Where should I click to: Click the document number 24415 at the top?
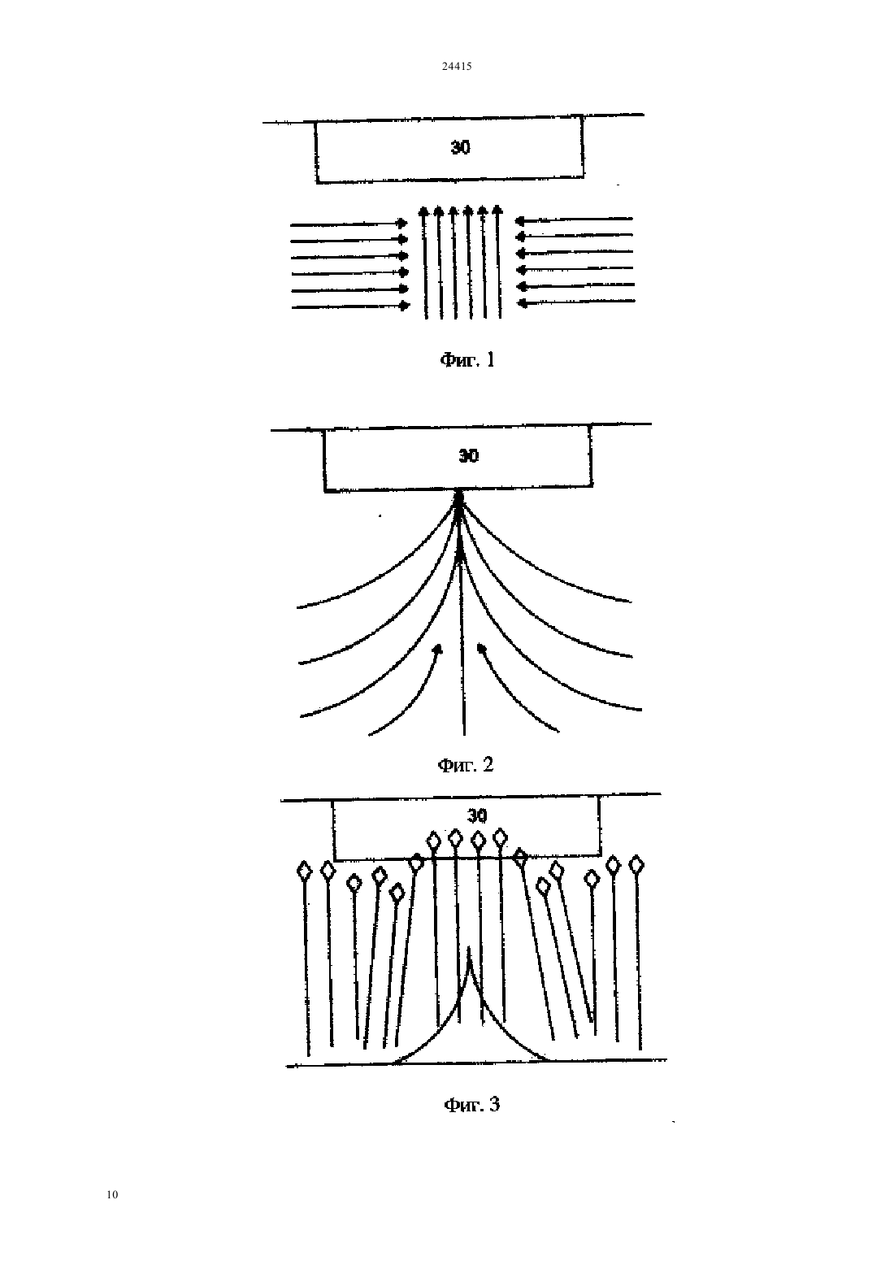click(457, 66)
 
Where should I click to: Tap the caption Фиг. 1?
click(467, 359)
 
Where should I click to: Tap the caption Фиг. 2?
click(466, 765)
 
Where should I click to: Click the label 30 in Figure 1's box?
click(461, 147)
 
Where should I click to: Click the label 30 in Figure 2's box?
click(468, 455)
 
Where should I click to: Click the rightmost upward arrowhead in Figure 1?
click(497, 210)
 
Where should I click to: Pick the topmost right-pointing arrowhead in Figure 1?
click(402, 224)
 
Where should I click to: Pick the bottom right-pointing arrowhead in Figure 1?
click(404, 306)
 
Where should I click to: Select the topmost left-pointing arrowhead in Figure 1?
click(521, 220)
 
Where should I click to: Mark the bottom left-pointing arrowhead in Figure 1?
click(523, 303)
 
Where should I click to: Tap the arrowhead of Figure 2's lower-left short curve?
click(437, 649)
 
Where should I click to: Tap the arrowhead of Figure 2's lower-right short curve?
click(481, 648)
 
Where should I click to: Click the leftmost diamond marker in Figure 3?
click(305, 871)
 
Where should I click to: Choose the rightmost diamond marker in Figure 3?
click(636, 864)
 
